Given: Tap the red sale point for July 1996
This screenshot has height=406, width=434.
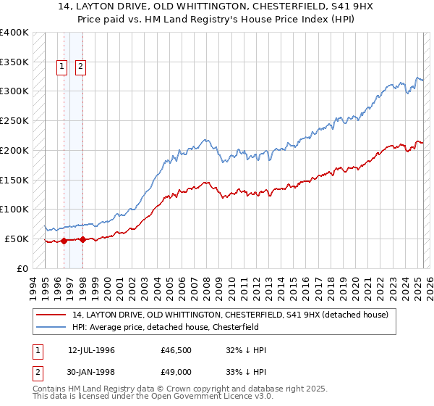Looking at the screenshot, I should (x=64, y=241).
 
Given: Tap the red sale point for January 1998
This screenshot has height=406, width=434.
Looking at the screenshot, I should (x=83, y=239).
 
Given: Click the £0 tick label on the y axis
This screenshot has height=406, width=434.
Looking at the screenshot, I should (x=22, y=268).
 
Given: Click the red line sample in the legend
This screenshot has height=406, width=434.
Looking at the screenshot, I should (x=51, y=315).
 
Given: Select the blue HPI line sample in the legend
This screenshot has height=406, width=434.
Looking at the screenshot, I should (x=51, y=327).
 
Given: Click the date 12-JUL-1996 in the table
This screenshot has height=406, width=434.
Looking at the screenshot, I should (x=91, y=350).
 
